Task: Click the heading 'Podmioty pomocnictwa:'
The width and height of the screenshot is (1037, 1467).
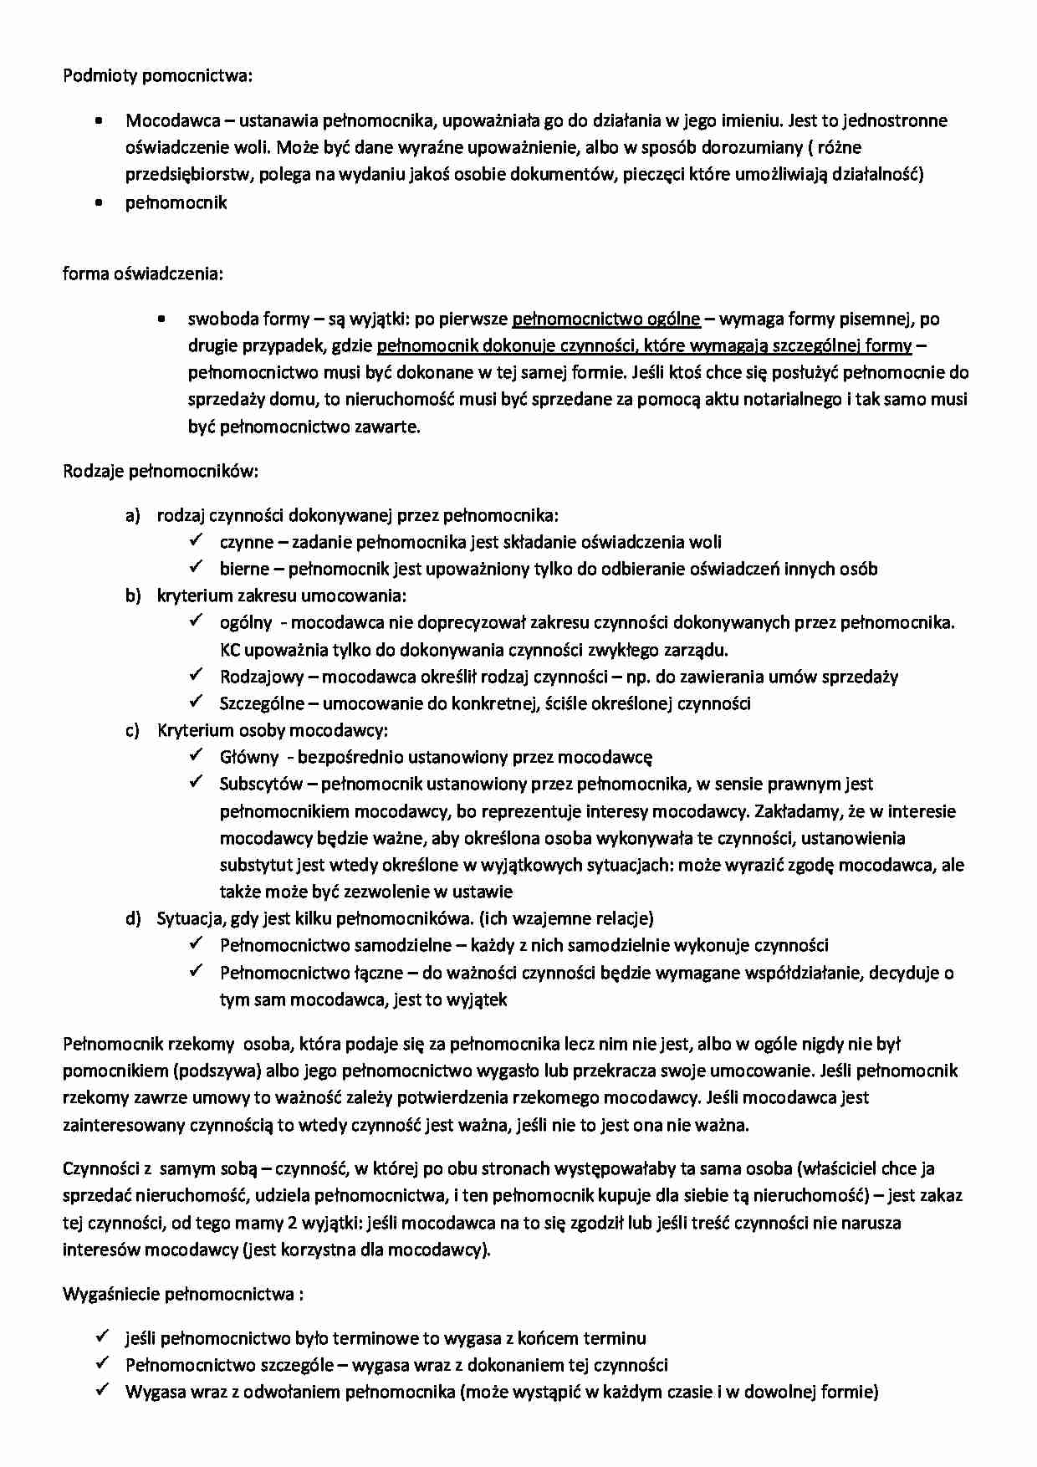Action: (x=157, y=76)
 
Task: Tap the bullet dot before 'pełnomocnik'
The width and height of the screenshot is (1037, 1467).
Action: (x=100, y=202)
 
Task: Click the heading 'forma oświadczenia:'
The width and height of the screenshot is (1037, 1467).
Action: (x=143, y=273)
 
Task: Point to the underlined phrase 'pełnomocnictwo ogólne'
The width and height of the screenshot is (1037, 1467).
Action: (x=605, y=319)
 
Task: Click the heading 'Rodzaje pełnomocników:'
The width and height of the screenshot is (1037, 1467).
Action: (x=161, y=471)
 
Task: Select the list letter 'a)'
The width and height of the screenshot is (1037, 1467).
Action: (x=133, y=515)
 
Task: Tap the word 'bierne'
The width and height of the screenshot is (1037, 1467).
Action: (x=244, y=569)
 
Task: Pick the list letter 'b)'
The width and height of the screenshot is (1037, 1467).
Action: (x=133, y=595)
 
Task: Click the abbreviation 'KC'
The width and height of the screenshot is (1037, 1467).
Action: (x=230, y=650)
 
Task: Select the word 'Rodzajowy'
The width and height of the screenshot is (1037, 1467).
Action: (x=262, y=677)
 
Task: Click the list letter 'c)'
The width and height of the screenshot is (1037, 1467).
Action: (x=133, y=730)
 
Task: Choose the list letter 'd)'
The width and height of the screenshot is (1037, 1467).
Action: (x=133, y=918)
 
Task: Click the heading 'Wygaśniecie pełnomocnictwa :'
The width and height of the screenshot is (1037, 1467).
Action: (x=182, y=1295)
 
